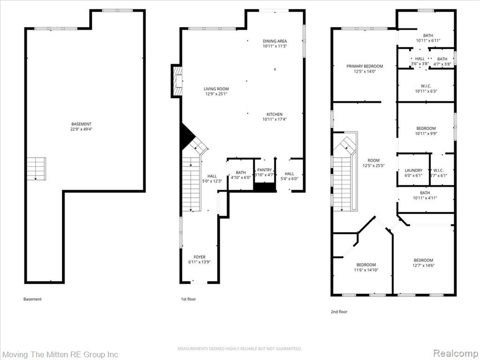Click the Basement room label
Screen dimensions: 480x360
click(81, 124)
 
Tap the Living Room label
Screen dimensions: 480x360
click(216, 89)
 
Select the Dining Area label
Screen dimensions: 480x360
click(275, 41)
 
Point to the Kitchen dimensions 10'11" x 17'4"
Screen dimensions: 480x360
click(275, 120)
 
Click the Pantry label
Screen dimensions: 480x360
click(264, 170)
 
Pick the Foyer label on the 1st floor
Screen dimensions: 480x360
click(199, 257)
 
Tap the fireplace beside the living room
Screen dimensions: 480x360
click(177, 81)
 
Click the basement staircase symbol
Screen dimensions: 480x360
click(36, 169)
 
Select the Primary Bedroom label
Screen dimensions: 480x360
click(365, 66)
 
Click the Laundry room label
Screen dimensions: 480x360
click(413, 171)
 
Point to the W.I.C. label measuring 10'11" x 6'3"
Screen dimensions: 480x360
click(426, 86)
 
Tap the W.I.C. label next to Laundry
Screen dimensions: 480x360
click(438, 171)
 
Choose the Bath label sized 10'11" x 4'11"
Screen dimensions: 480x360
click(425, 193)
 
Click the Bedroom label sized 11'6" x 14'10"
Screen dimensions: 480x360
click(366, 265)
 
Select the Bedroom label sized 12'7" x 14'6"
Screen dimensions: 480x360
click(423, 260)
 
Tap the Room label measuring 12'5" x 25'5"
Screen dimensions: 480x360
click(374, 160)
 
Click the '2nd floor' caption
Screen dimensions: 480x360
click(339, 312)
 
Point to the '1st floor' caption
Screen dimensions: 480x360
click(188, 299)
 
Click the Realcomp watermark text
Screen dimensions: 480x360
click(455, 353)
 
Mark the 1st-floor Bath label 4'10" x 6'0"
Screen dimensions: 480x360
click(240, 172)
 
